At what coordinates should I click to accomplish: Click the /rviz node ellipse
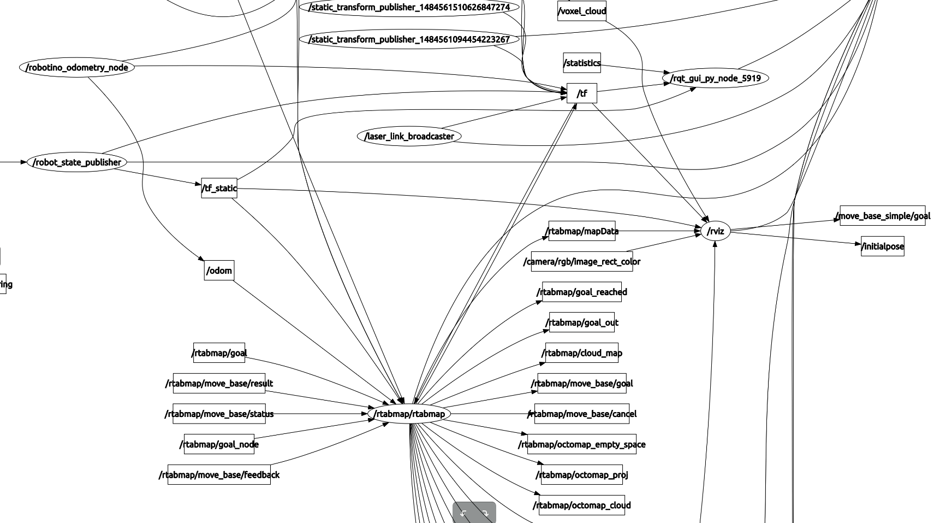(x=716, y=231)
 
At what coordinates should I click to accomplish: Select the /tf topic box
(x=582, y=93)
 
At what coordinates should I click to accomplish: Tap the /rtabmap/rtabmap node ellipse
(x=409, y=414)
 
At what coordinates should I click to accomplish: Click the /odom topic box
(x=219, y=271)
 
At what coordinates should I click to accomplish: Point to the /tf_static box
(x=219, y=188)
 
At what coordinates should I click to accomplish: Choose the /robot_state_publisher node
(x=77, y=162)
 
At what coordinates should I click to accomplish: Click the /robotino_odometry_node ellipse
(x=77, y=68)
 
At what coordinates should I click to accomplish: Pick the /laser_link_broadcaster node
(x=409, y=136)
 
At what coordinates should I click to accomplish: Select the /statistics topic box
(x=582, y=63)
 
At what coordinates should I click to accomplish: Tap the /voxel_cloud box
(x=582, y=11)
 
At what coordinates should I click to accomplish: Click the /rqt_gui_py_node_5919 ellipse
(x=716, y=78)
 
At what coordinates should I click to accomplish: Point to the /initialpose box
(x=883, y=246)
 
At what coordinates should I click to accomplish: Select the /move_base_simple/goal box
(x=883, y=216)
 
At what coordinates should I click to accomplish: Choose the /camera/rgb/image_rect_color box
(x=582, y=262)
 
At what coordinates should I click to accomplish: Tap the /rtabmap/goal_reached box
(x=582, y=292)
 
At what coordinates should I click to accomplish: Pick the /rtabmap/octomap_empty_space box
(x=582, y=444)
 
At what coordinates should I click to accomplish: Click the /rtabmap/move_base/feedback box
(x=219, y=475)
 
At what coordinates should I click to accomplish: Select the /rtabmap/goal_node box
(x=219, y=444)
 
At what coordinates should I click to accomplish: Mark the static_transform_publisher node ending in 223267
(x=409, y=39)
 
